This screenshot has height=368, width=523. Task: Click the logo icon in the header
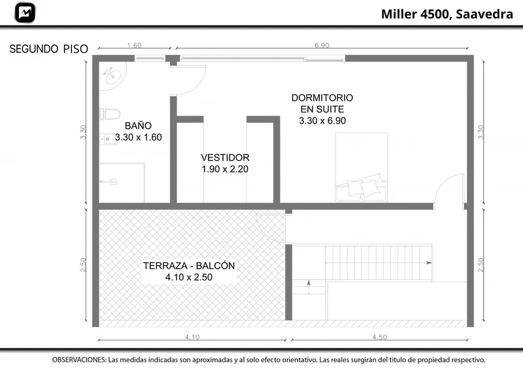[25, 12]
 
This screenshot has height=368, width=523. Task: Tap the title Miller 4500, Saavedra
[447, 14]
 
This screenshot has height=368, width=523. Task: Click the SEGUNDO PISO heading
[48, 49]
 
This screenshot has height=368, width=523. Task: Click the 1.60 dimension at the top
[134, 45]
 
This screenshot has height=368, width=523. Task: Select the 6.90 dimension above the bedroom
[322, 45]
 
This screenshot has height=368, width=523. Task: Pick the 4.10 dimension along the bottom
[192, 337]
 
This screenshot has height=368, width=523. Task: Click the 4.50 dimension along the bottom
[380, 337]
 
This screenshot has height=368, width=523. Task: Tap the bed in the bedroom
[362, 167]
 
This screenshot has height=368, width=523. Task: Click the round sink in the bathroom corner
[112, 75]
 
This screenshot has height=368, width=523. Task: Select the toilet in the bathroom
[110, 114]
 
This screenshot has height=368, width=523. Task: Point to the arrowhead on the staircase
[429, 263]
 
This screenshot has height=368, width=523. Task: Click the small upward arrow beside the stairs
[309, 287]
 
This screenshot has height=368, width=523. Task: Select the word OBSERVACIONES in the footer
[78, 360]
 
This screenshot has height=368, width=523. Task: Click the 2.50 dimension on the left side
[83, 265]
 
